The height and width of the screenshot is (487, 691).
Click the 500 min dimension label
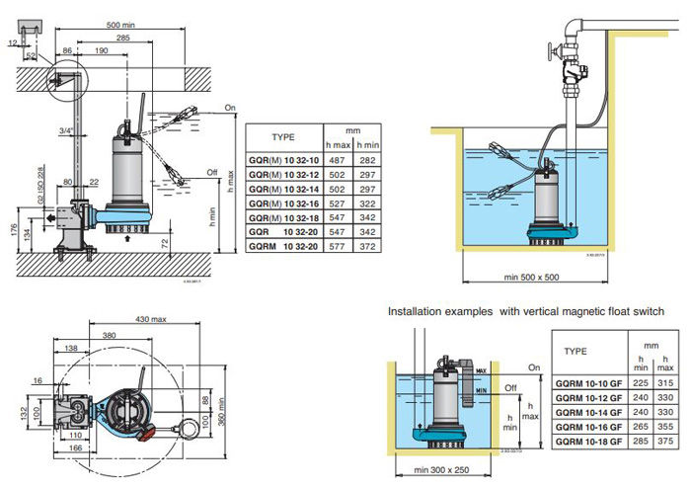pos(121,24)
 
